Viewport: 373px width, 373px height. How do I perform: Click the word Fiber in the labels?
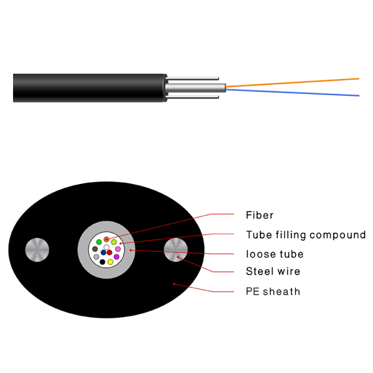pyautogui.click(x=259, y=215)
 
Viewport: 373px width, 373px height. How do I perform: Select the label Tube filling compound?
pyautogui.click(x=306, y=235)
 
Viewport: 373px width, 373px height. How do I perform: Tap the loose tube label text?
pyautogui.click(x=275, y=254)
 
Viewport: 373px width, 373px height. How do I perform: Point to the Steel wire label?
pyautogui.click(x=273, y=271)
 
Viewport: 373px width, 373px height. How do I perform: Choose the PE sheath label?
pyautogui.click(x=273, y=292)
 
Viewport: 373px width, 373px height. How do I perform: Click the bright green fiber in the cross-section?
pyautogui.click(x=99, y=242)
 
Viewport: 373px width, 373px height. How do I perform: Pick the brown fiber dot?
pyautogui.click(x=95, y=249)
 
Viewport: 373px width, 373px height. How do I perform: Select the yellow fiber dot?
pyautogui.click(x=110, y=262)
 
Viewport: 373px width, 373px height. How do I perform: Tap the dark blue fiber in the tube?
pyautogui.click(x=103, y=252)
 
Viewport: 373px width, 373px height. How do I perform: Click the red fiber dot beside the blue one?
pyautogui.click(x=109, y=252)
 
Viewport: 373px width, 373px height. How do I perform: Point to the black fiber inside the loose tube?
pyautogui.click(x=103, y=262)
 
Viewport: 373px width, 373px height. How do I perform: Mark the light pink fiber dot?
pyautogui.click(x=117, y=249)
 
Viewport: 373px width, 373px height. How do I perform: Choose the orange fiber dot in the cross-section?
pyautogui.click(x=106, y=239)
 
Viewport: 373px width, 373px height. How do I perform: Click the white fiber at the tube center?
pyautogui.click(x=106, y=247)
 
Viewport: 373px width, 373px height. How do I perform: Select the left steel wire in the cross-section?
pyautogui.click(x=37, y=250)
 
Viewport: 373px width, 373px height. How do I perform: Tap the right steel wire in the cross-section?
pyautogui.click(x=176, y=250)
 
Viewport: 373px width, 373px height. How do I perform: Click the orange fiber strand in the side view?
pyautogui.click(x=292, y=82)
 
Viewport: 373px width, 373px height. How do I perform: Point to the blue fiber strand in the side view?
pyautogui.click(x=292, y=93)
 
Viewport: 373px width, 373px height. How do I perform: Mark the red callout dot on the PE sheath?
pyautogui.click(x=174, y=284)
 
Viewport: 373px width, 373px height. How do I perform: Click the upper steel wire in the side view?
pyautogui.click(x=192, y=78)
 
